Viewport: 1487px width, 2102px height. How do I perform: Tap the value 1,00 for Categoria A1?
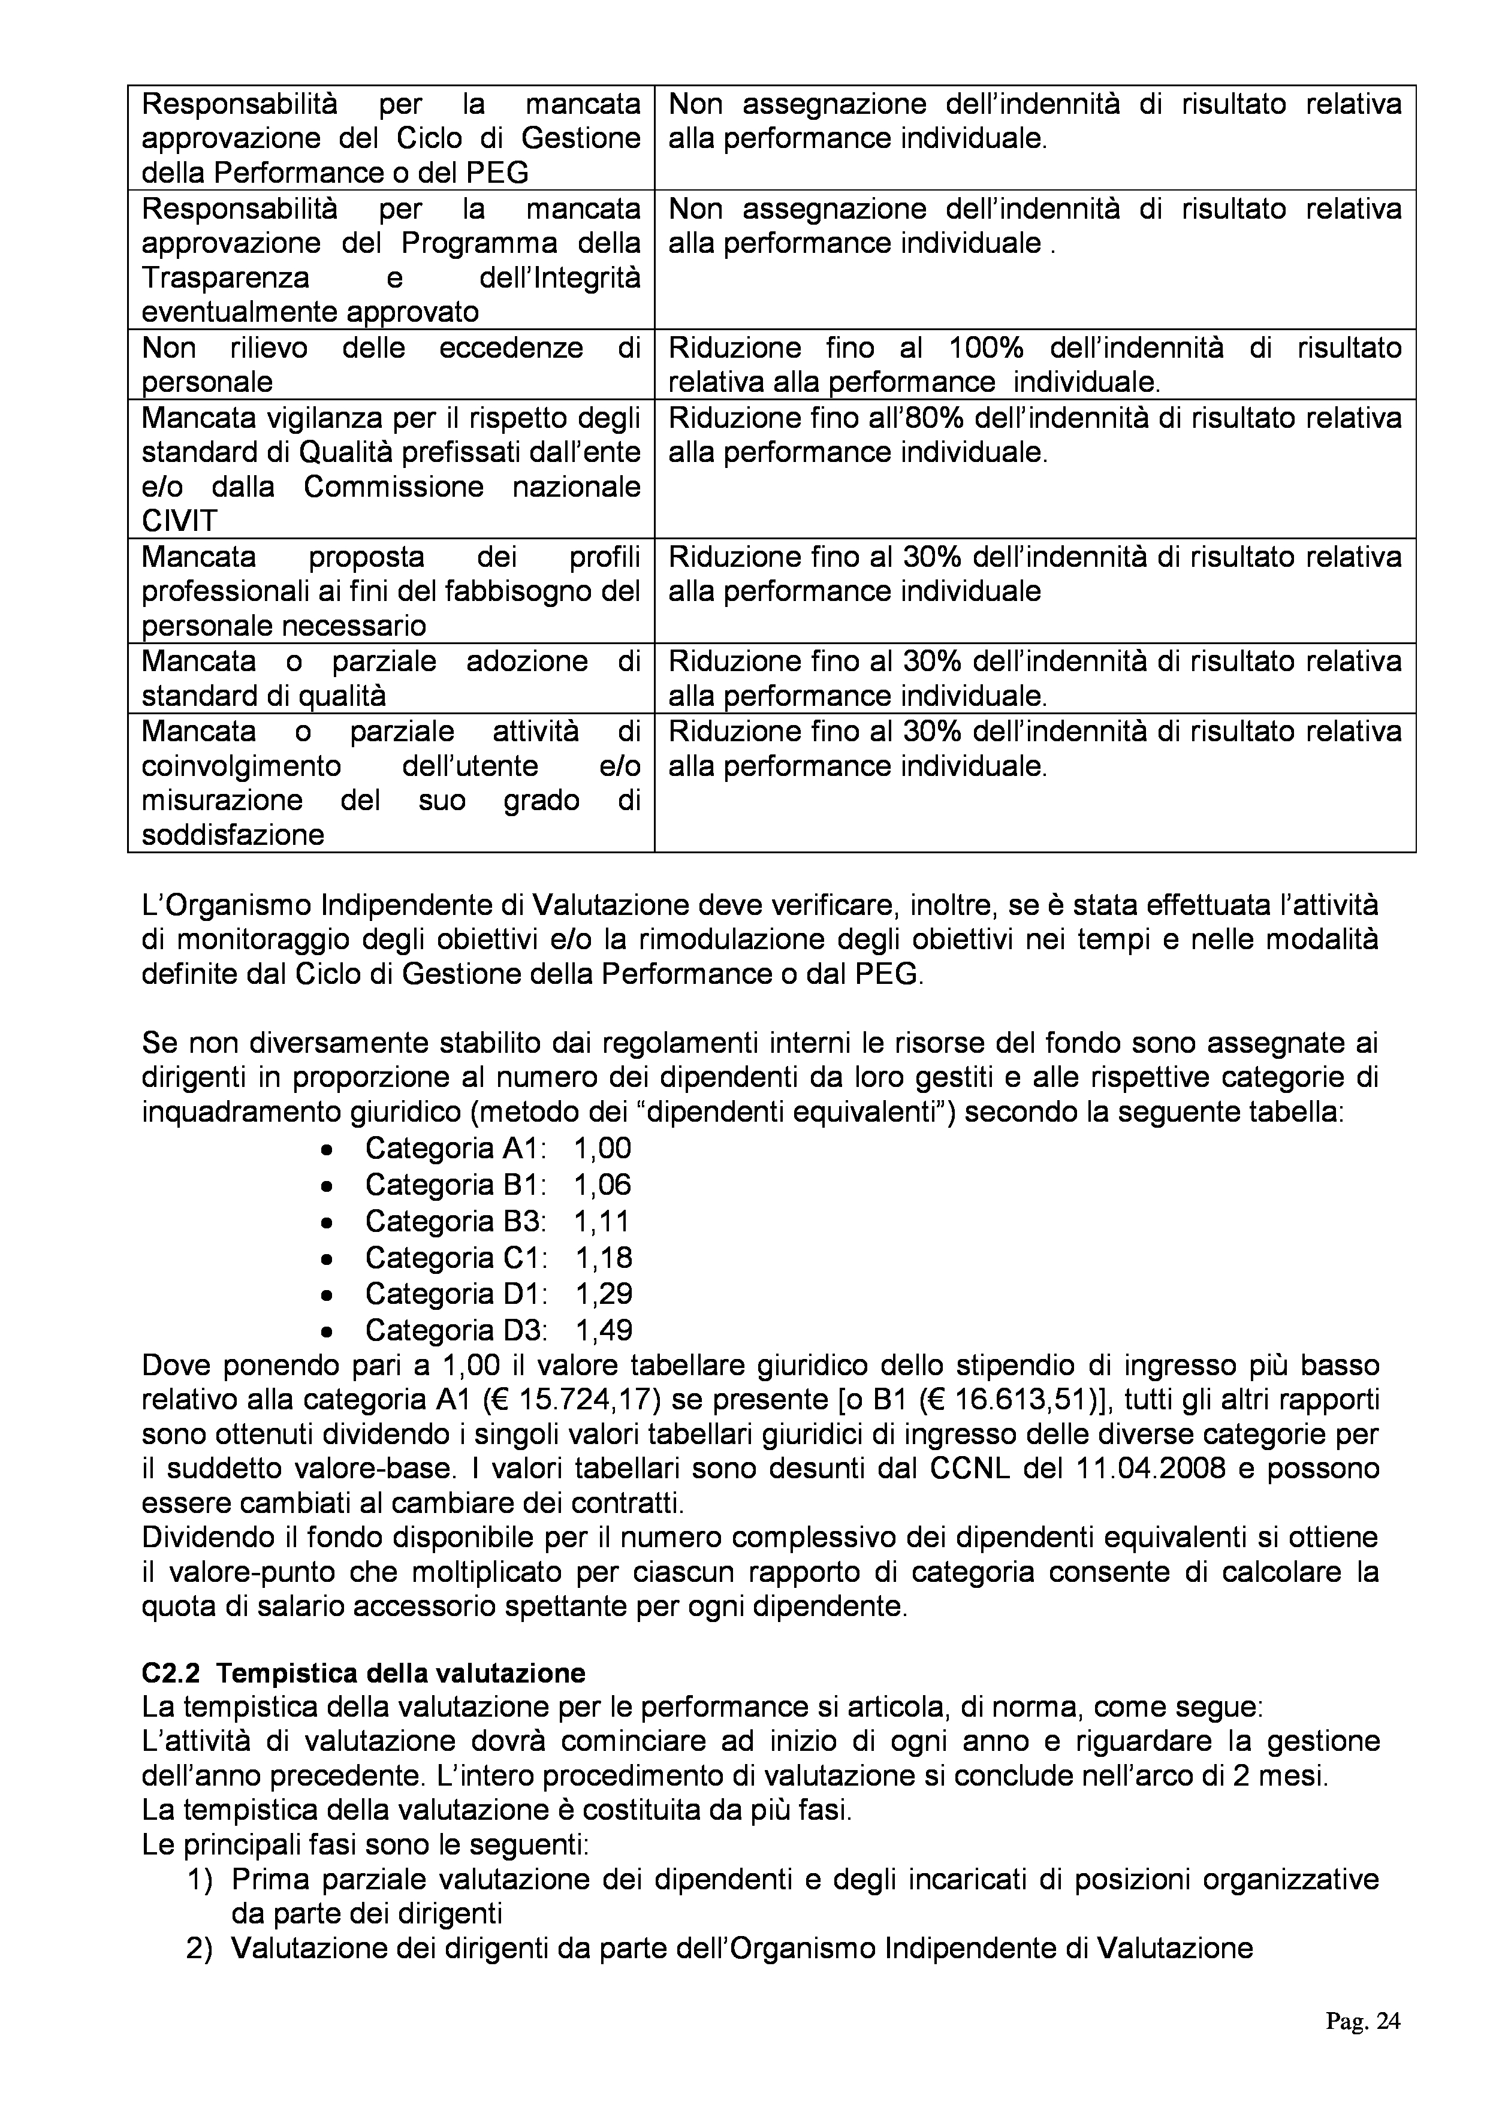pos(602,1148)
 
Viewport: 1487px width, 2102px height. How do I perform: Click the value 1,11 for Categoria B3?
pos(602,1221)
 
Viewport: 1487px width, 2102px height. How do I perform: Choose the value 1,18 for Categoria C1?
pos(604,1257)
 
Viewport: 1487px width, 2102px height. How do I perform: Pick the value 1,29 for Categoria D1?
pos(604,1294)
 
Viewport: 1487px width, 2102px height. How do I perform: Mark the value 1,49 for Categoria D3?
pos(604,1329)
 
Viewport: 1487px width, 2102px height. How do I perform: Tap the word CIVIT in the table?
pos(179,521)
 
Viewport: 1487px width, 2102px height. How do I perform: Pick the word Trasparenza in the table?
pos(226,278)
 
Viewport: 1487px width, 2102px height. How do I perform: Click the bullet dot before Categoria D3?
pos(327,1331)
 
